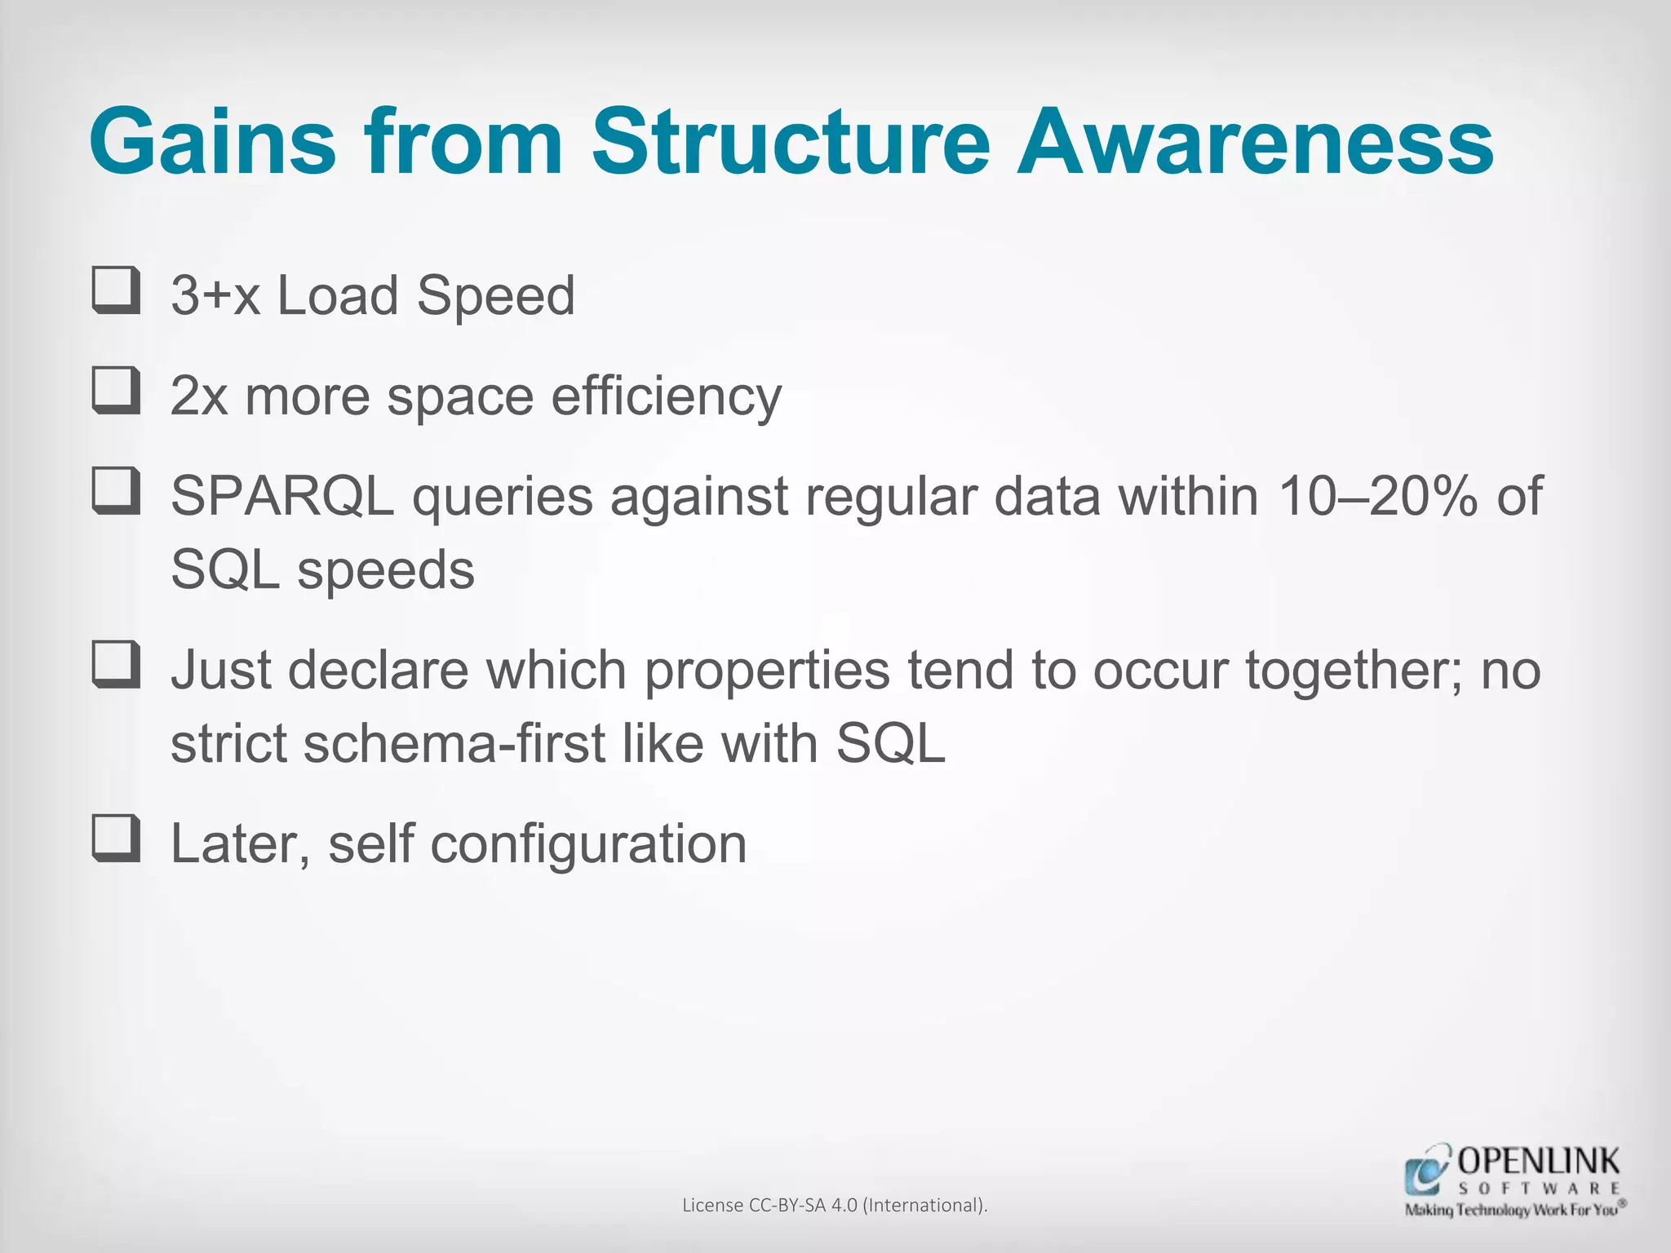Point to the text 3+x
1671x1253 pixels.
pos(215,295)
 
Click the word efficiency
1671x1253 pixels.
pos(666,397)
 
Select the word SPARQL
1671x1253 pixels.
pos(282,496)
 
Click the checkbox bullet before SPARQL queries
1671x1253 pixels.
pos(116,491)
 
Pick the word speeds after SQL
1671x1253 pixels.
pos(385,570)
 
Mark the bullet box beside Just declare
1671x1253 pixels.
pos(116,665)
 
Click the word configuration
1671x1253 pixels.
pos(588,844)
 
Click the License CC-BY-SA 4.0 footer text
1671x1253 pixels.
pos(835,1205)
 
